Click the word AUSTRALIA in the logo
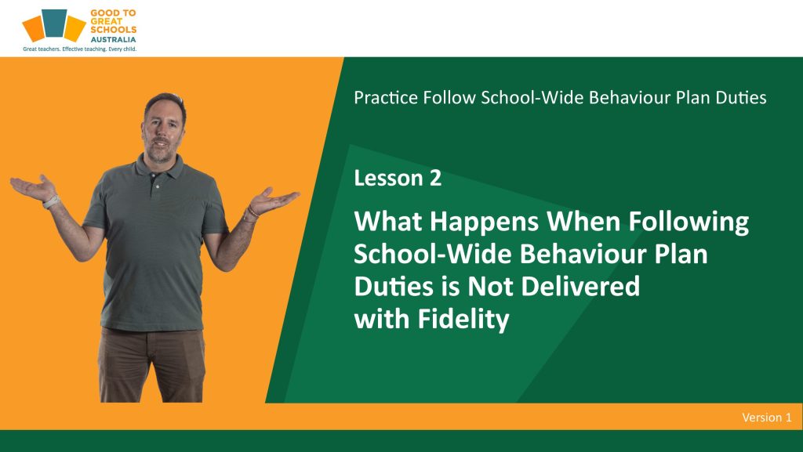(113, 39)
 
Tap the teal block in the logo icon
(54, 24)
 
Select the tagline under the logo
(80, 49)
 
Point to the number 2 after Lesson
(434, 178)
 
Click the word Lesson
(388, 178)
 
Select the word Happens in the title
(484, 222)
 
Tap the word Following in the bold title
(689, 222)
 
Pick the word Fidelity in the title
(463, 319)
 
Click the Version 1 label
(767, 418)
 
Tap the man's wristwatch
(50, 202)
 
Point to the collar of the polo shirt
(158, 166)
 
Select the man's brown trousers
(151, 364)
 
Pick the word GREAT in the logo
(107, 21)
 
